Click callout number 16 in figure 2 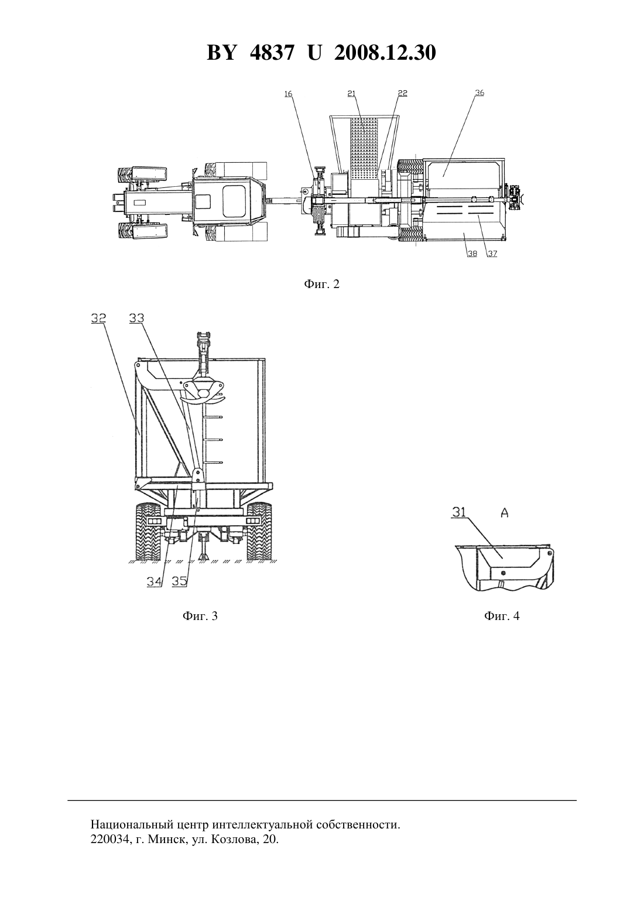288,94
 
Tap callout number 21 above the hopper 351,94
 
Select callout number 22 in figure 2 403,93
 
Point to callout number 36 479,93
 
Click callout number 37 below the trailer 492,254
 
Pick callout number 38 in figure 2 472,254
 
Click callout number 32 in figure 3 98,318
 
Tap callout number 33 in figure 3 136,318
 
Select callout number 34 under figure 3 155,581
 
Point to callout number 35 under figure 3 179,581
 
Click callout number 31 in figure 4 459,512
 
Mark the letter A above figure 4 504,513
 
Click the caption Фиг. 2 321,284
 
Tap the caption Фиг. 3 200,616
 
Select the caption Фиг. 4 502,616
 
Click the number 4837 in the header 271,53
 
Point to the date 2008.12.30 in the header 385,53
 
